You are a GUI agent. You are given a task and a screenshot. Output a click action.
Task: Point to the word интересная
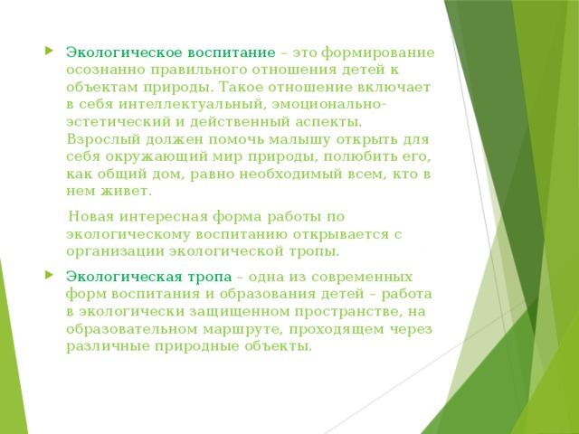pos(168,216)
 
